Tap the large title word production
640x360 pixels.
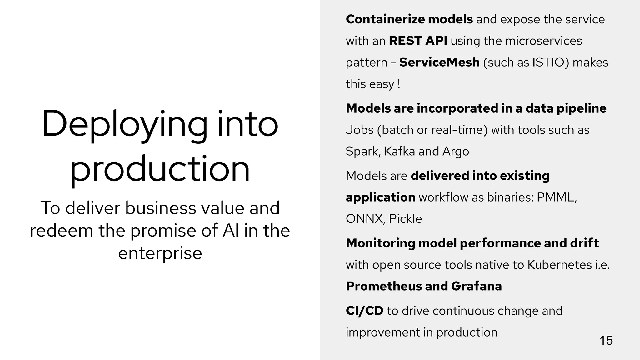pos(160,169)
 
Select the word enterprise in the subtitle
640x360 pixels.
pos(160,253)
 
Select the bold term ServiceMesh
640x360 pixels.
pos(439,62)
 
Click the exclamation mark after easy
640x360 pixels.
pos(399,84)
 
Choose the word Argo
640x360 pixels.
pos(456,152)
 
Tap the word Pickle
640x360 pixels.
pos(405,219)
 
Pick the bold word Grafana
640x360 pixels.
pos(476,286)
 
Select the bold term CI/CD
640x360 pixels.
pos(364,311)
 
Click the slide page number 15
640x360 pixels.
pos(606,341)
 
